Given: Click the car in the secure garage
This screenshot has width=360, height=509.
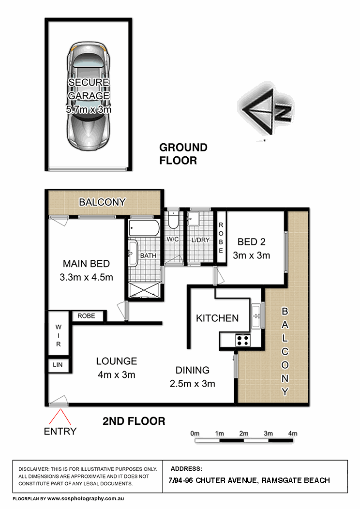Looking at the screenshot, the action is [88, 96].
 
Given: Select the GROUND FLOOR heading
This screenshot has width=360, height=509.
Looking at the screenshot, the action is [183, 154].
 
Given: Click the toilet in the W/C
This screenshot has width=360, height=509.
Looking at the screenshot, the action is [173, 220].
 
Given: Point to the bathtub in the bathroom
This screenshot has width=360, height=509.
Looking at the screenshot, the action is [144, 228].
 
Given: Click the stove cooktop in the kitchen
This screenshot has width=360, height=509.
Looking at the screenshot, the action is [243, 340].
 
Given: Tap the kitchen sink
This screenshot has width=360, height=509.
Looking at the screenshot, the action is [256, 316].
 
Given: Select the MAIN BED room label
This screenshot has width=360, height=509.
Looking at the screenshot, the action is [86, 264].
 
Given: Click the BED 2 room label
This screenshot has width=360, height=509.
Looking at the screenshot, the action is [251, 242].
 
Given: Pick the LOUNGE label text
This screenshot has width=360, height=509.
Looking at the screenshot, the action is [117, 361].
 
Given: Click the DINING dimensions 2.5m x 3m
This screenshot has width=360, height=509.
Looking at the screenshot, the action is [192, 384].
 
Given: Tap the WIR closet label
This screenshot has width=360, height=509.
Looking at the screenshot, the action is [59, 335].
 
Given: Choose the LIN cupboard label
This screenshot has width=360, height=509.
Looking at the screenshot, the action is [58, 365].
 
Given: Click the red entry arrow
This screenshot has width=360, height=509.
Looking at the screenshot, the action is [60, 417].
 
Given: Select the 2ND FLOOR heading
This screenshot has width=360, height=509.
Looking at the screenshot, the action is [134, 421].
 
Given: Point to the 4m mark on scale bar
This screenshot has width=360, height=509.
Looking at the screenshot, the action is [292, 434].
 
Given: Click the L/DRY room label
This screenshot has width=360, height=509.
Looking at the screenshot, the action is [200, 240].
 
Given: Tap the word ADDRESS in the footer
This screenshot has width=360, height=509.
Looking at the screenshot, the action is [186, 469].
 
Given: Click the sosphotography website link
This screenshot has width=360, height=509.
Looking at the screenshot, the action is [86, 499].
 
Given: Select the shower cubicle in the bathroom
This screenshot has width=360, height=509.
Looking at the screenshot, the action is [144, 289].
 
